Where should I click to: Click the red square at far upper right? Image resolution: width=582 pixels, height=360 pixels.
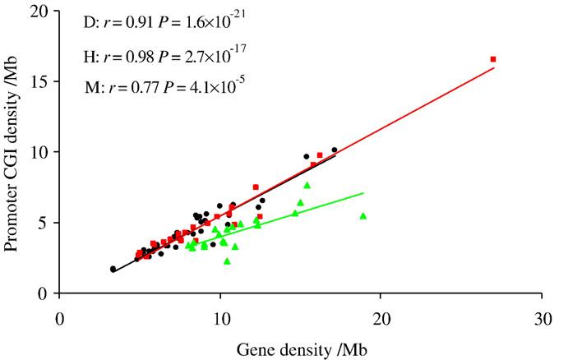coord(493,59)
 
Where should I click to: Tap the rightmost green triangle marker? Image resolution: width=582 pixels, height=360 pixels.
coord(363,216)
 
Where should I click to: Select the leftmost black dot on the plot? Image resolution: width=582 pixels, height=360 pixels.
coord(113,269)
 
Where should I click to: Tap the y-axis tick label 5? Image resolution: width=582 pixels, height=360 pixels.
coord(46,223)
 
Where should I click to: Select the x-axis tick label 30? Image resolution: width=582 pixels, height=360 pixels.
coord(541,317)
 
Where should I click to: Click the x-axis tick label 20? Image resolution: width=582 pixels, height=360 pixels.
coord(381,317)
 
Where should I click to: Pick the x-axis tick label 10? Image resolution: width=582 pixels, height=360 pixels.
coord(219,317)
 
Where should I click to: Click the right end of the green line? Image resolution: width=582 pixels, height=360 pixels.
coord(363,193)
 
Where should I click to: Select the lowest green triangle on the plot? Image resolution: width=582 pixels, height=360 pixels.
coord(227,261)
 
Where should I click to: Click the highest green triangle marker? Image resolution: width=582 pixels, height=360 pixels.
coord(307,185)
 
